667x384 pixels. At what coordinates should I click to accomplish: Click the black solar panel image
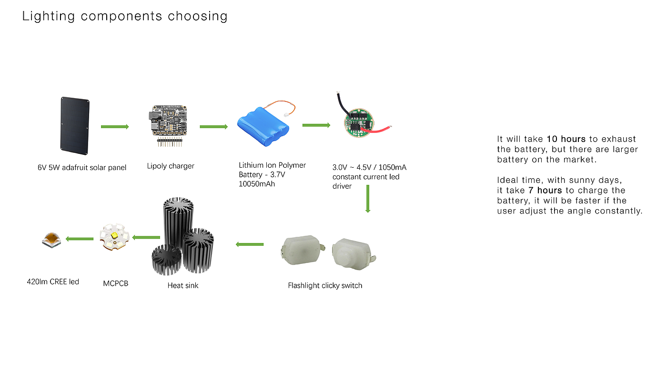coord(75,126)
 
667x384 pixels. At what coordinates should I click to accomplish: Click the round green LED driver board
coord(359,123)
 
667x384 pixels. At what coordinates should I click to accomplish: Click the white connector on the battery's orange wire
coord(286,114)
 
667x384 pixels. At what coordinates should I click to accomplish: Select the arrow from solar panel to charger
coord(115,127)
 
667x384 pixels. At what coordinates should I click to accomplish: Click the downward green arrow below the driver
coord(368,199)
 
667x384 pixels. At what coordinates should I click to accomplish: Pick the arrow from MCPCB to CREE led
coord(80,239)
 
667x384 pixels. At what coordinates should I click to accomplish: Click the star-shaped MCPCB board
coord(115,237)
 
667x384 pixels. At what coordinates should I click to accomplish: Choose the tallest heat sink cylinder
coord(178,223)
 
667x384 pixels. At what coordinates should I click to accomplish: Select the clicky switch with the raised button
coord(354,254)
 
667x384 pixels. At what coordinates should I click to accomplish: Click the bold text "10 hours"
coord(566,139)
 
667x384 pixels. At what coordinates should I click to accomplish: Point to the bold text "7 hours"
coord(545,190)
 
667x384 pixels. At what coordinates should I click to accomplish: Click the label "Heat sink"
coord(183,285)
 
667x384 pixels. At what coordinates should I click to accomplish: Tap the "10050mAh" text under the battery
coord(257,184)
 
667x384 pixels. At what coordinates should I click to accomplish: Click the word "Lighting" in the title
coord(48,16)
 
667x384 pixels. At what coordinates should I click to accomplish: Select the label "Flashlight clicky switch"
coord(325,285)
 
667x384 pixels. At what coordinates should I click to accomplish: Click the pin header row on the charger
coord(170,142)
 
